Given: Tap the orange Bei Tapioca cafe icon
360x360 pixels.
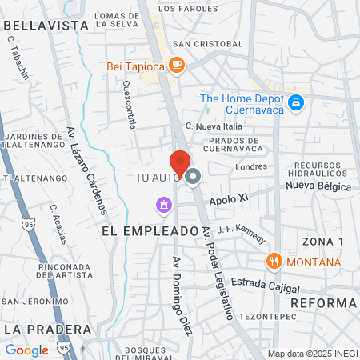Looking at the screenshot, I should (176, 66).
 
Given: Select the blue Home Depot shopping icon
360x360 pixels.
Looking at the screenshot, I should (296, 102).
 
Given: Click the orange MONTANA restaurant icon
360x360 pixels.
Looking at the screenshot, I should (274, 262).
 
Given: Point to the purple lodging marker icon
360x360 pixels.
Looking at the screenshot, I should (164, 206).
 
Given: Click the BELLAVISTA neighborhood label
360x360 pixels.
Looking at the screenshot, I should (46, 26).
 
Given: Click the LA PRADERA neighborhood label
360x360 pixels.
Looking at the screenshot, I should (38, 329).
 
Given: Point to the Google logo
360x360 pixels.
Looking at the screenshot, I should (26, 350).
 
